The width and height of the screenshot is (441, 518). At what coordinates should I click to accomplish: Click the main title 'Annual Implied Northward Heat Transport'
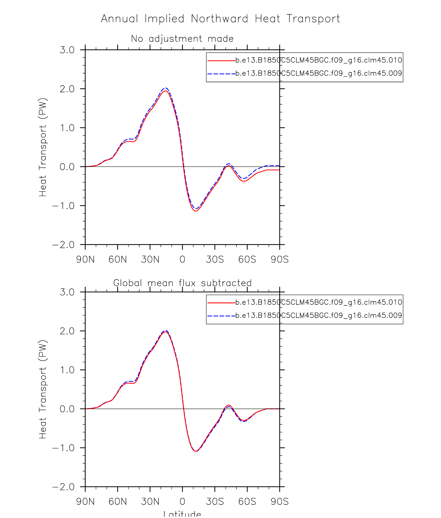tap(221, 19)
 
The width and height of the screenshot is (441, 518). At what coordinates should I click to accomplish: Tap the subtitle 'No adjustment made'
tap(182, 39)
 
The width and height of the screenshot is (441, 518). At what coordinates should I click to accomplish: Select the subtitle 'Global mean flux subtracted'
tap(182, 283)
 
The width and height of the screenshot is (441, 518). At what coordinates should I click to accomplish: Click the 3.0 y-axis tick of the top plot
tap(67, 50)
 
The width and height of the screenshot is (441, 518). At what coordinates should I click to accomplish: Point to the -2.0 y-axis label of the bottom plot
tap(63, 487)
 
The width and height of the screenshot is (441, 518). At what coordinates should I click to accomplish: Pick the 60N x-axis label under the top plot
tap(118, 259)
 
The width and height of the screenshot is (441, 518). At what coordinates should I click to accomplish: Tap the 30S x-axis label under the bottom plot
tap(215, 501)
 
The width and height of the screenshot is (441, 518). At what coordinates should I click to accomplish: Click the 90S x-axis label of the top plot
tap(280, 259)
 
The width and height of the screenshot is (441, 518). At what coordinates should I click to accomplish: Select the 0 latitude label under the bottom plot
tap(182, 501)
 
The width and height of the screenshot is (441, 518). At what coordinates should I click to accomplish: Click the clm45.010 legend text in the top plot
tap(319, 60)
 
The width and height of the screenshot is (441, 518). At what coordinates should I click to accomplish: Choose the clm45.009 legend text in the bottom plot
tap(319, 315)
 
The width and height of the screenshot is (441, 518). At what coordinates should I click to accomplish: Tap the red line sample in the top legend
tap(221, 61)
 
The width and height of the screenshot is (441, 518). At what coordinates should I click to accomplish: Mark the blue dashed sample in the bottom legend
tap(221, 316)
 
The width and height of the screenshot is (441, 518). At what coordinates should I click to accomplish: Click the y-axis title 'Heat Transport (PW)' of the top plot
tap(43, 147)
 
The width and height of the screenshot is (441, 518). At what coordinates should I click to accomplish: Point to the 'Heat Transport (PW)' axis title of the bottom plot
tap(43, 389)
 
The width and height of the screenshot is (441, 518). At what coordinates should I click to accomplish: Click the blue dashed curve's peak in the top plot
tap(166, 88)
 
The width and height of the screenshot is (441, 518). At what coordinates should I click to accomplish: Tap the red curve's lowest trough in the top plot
tap(196, 211)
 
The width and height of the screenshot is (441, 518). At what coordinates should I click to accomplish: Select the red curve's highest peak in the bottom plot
tap(166, 332)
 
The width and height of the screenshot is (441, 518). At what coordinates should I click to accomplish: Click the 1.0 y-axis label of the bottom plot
tap(67, 370)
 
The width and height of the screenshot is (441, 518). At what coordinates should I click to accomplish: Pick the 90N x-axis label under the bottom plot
tap(85, 501)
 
